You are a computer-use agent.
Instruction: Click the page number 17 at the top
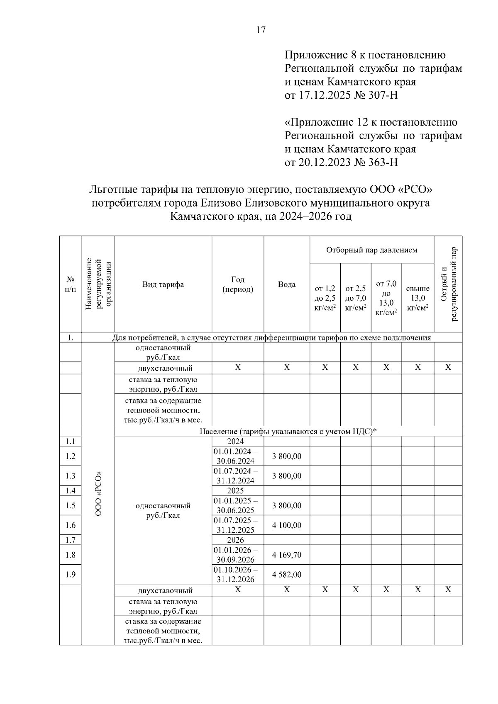click(x=261, y=30)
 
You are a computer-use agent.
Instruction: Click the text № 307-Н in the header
click(x=376, y=95)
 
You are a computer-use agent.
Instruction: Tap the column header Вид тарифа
click(x=163, y=284)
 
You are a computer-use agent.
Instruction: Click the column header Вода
click(x=286, y=284)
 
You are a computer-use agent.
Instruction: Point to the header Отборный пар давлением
click(x=371, y=250)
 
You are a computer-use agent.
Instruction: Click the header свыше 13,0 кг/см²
click(x=417, y=298)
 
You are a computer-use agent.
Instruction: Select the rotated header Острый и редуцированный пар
click(x=448, y=284)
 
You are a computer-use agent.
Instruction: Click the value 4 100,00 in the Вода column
click(x=286, y=525)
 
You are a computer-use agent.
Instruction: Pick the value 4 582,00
click(x=286, y=575)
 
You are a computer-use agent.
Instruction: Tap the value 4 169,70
click(x=286, y=555)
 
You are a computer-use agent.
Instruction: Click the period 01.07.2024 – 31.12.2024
click(x=235, y=476)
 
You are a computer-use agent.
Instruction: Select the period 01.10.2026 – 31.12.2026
click(x=235, y=575)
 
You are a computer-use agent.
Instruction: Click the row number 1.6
click(x=71, y=525)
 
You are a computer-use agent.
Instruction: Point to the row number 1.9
click(x=71, y=575)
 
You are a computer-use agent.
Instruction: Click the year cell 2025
click(x=235, y=491)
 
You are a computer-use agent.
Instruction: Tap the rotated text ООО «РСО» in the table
click(x=98, y=493)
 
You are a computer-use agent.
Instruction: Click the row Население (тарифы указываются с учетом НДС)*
click(x=288, y=432)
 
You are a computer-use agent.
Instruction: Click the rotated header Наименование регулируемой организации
click(x=98, y=284)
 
